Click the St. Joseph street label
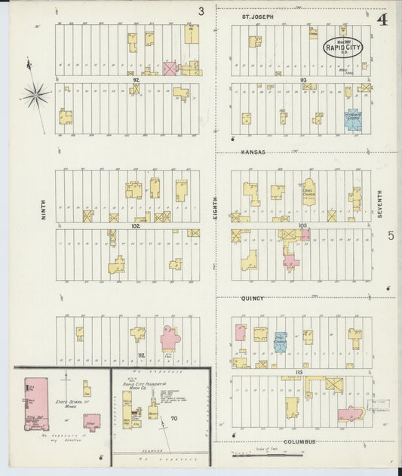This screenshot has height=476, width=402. pyautogui.click(x=257, y=16)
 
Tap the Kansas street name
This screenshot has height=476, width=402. pyautogui.click(x=253, y=152)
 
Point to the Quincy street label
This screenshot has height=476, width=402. pyautogui.click(x=253, y=298)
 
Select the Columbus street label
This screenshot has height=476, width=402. pyautogui.click(x=299, y=441)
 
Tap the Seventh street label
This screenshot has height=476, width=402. pyautogui.click(x=380, y=204)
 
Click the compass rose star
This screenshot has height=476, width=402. pyautogui.click(x=35, y=94)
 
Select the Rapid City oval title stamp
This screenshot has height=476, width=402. pyautogui.click(x=343, y=47)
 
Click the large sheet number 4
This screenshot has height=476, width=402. pyautogui.click(x=382, y=19)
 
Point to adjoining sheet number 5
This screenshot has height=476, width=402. pyautogui.click(x=391, y=236)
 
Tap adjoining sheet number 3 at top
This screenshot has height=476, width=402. pyautogui.click(x=201, y=11)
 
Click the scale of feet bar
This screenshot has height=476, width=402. pyautogui.click(x=267, y=454)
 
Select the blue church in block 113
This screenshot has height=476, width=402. pyautogui.click(x=281, y=342)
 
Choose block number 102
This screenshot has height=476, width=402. pyautogui.click(x=136, y=225)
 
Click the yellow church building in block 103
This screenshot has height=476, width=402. pyautogui.click(x=309, y=192)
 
